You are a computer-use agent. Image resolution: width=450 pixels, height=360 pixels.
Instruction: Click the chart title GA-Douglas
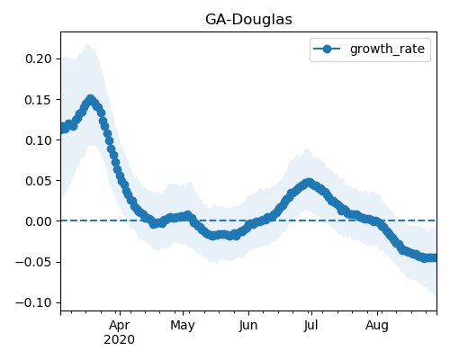pyautogui.click(x=248, y=20)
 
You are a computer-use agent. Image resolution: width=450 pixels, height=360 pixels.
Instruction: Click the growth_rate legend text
pyautogui.click(x=387, y=49)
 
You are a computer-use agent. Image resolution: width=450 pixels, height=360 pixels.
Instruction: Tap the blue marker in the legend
pyautogui.click(x=327, y=49)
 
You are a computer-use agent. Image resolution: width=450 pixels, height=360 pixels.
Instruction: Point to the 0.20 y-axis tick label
pyautogui.click(x=39, y=58)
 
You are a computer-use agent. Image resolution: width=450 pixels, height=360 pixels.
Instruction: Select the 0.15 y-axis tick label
pyautogui.click(x=39, y=100)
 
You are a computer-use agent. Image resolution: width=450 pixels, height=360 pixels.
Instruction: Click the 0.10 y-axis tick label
pyautogui.click(x=39, y=140)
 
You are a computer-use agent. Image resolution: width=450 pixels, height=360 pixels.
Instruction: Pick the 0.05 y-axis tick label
pyautogui.click(x=39, y=181)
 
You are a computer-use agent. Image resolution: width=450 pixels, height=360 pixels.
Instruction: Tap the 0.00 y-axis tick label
pyautogui.click(x=39, y=221)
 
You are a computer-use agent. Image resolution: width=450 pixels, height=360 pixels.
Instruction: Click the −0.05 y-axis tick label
pyautogui.click(x=33, y=262)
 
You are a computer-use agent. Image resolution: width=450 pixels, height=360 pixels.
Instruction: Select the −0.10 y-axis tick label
pyautogui.click(x=33, y=302)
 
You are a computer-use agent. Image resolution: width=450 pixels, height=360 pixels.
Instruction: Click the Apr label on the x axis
pyautogui.click(x=120, y=326)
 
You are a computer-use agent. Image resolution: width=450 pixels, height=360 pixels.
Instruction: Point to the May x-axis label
pyautogui.click(x=183, y=326)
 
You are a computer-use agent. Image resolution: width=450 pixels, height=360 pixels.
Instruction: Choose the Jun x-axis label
pyautogui.click(x=248, y=326)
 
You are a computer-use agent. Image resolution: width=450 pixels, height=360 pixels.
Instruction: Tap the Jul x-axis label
pyautogui.click(x=310, y=326)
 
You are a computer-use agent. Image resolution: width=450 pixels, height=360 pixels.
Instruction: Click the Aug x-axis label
pyautogui.click(x=377, y=326)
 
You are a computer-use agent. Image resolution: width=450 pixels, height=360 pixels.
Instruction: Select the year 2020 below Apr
pyautogui.click(x=120, y=340)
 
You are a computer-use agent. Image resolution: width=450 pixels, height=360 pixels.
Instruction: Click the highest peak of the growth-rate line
pyautogui.click(x=90, y=99)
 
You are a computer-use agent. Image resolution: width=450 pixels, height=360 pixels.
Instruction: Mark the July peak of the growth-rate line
pyautogui.click(x=309, y=183)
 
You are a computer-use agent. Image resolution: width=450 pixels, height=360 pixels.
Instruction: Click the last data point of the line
pyautogui.click(x=435, y=257)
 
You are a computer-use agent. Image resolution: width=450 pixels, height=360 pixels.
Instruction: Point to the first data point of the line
pyautogui.click(x=62, y=129)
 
